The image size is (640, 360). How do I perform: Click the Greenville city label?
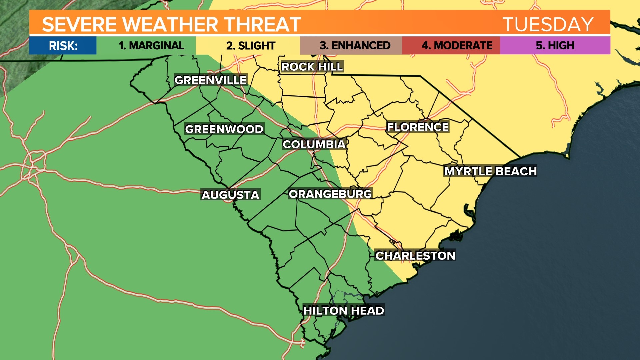pos(210,80)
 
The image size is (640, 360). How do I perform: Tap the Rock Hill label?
pos(312,67)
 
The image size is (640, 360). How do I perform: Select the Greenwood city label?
pos(224,129)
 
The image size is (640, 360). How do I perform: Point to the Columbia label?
pos(314,144)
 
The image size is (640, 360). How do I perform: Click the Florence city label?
pos(417,127)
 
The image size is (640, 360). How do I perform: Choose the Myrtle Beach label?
pos(490,171)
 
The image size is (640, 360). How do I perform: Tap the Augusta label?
pos(230,195)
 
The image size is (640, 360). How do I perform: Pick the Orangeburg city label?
pos(330,194)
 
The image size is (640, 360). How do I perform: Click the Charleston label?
pos(415,256)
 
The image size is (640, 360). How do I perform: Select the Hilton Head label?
pos(344,311)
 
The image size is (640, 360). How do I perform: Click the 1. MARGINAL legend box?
pos(151,45)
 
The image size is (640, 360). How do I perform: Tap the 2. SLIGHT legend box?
pos(251,45)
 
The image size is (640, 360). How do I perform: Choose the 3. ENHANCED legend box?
pos(355,45)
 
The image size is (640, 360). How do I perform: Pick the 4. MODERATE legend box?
pos(457,45)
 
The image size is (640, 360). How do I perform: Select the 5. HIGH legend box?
pos(555,45)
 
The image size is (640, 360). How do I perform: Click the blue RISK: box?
pos(63,45)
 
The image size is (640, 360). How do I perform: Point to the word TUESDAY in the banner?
pos(548,24)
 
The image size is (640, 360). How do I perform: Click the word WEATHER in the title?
pos(170,24)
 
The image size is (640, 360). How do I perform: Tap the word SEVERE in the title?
pos(79,24)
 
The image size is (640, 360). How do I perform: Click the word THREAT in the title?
pos(262,24)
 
